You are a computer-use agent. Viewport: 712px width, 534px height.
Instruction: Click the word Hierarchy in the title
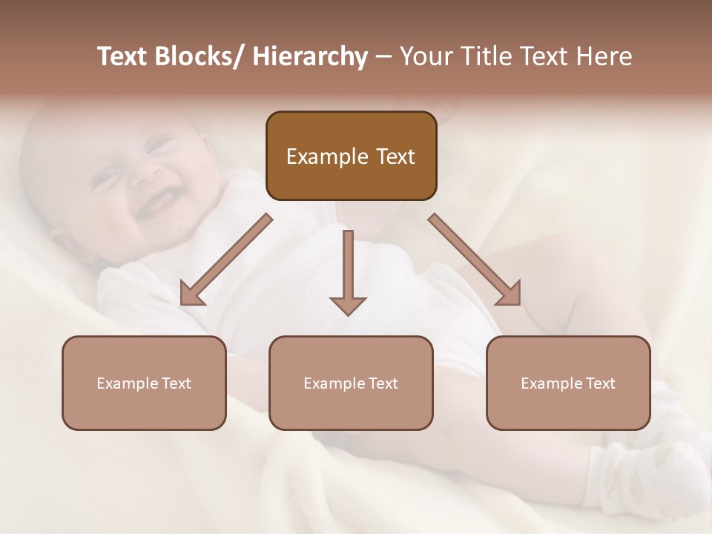tap(310, 57)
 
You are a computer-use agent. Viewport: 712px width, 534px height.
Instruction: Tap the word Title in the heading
tap(483, 57)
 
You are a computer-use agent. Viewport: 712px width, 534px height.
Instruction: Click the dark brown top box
tap(351, 156)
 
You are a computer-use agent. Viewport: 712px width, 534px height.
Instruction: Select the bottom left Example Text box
tap(144, 383)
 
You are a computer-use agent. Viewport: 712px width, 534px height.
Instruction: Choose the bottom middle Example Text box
tap(351, 383)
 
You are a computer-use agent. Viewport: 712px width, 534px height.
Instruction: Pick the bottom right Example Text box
tap(568, 383)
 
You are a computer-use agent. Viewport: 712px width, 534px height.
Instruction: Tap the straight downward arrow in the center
tap(348, 271)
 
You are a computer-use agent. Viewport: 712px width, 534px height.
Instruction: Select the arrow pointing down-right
tap(475, 260)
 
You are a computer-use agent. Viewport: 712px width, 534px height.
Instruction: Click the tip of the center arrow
tap(348, 313)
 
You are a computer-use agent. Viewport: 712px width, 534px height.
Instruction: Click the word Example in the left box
tap(127, 383)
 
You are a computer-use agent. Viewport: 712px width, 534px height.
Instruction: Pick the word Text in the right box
tap(600, 383)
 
